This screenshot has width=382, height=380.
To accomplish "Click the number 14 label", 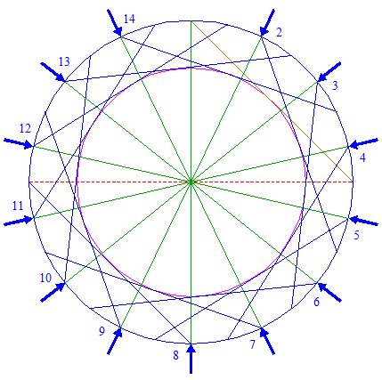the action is pos(129,19).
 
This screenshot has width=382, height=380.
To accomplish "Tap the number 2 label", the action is pos(279,32).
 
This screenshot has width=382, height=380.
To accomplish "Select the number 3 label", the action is pos(335,85).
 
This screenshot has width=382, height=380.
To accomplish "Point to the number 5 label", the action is pos(356,235).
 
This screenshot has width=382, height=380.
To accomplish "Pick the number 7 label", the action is pos(252,344).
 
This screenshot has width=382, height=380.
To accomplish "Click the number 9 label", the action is pos(102,331).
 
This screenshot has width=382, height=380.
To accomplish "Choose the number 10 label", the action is pos(45,278).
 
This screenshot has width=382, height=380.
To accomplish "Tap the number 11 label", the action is pos(18,206).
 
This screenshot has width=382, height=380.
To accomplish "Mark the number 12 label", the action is pos(25,128).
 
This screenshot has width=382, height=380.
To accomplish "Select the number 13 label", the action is pos(64,61).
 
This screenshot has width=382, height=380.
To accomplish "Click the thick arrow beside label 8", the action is pos(191,359).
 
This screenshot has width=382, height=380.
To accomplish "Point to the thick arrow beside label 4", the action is pos(363,143).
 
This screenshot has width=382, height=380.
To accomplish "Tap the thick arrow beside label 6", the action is pos(329,292).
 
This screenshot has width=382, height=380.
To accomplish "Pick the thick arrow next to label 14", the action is pos(114,23).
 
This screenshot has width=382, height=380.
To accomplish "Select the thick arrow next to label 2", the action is pos(267,23).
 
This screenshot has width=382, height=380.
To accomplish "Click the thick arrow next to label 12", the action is pos(19,143).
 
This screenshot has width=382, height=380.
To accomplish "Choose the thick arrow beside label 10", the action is pos(53,292).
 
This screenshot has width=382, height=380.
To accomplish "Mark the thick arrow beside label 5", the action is pos(363,221).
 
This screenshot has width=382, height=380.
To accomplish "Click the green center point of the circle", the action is pos(191,182).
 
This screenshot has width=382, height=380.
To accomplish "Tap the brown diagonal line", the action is pos(272,101).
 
